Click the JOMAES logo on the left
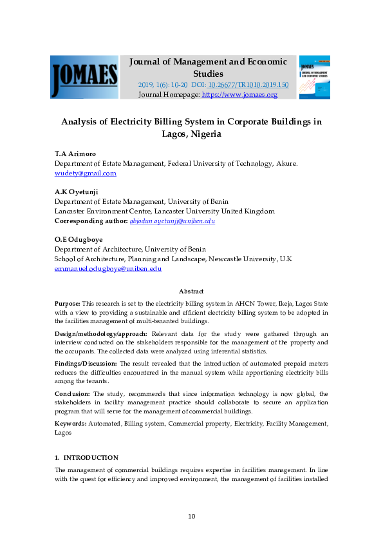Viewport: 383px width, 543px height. (x=84, y=77)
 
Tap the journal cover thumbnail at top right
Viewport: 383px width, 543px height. (x=314, y=77)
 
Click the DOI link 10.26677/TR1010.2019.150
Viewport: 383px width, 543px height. (x=248, y=85)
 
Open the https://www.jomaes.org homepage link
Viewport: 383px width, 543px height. (x=239, y=95)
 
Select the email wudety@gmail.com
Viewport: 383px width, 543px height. (x=85, y=173)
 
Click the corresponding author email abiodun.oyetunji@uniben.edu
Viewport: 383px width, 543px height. (x=172, y=221)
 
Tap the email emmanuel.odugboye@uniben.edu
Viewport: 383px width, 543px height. (x=107, y=269)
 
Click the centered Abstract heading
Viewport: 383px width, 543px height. (x=191, y=291)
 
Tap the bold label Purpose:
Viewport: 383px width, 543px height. (x=68, y=303)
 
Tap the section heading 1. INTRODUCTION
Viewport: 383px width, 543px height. (x=86, y=457)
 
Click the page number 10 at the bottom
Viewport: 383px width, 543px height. (x=191, y=517)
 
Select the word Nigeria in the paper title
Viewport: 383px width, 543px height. (x=204, y=134)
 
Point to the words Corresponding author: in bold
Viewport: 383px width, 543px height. (x=91, y=221)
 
